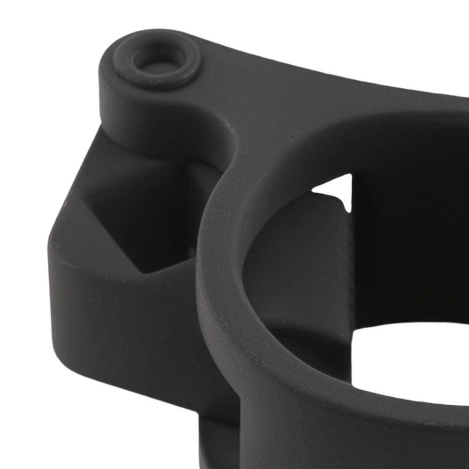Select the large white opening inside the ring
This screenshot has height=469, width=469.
click(408, 361)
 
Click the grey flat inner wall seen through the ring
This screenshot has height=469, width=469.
click(300, 263)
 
